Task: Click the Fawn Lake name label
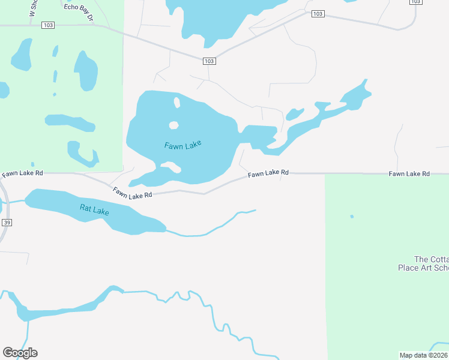coord(183,145)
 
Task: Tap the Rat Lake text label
coord(94,211)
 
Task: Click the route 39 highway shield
coord(7,222)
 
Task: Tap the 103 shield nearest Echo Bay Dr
coord(49,25)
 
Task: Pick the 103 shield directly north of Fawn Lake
coord(208,61)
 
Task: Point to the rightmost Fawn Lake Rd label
coord(409,173)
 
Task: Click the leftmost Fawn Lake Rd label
coord(22,173)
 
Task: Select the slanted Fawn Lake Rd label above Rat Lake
coord(132,193)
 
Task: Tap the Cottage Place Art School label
coord(423,263)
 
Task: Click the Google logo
coord(20,352)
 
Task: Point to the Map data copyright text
coord(424,355)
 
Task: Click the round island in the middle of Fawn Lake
coord(173,125)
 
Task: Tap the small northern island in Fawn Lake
coord(176,102)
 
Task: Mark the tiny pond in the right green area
coord(352,217)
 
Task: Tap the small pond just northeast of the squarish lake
coord(294,113)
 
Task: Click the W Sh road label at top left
coord(32,9)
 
